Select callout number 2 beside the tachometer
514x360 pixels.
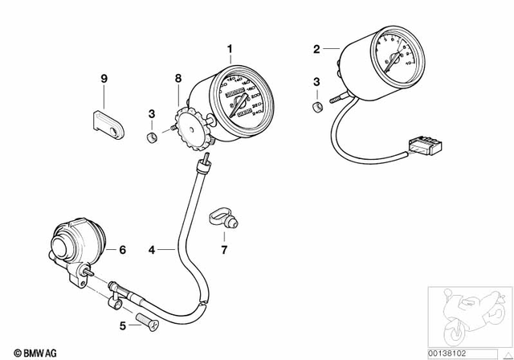click(316, 49)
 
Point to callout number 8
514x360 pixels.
click(179, 78)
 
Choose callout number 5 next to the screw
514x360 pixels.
click(122, 325)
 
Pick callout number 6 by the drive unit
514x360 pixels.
click(123, 250)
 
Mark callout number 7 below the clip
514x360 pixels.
click(225, 250)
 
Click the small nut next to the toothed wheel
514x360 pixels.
click(149, 137)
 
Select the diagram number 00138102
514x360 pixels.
click(470, 351)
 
